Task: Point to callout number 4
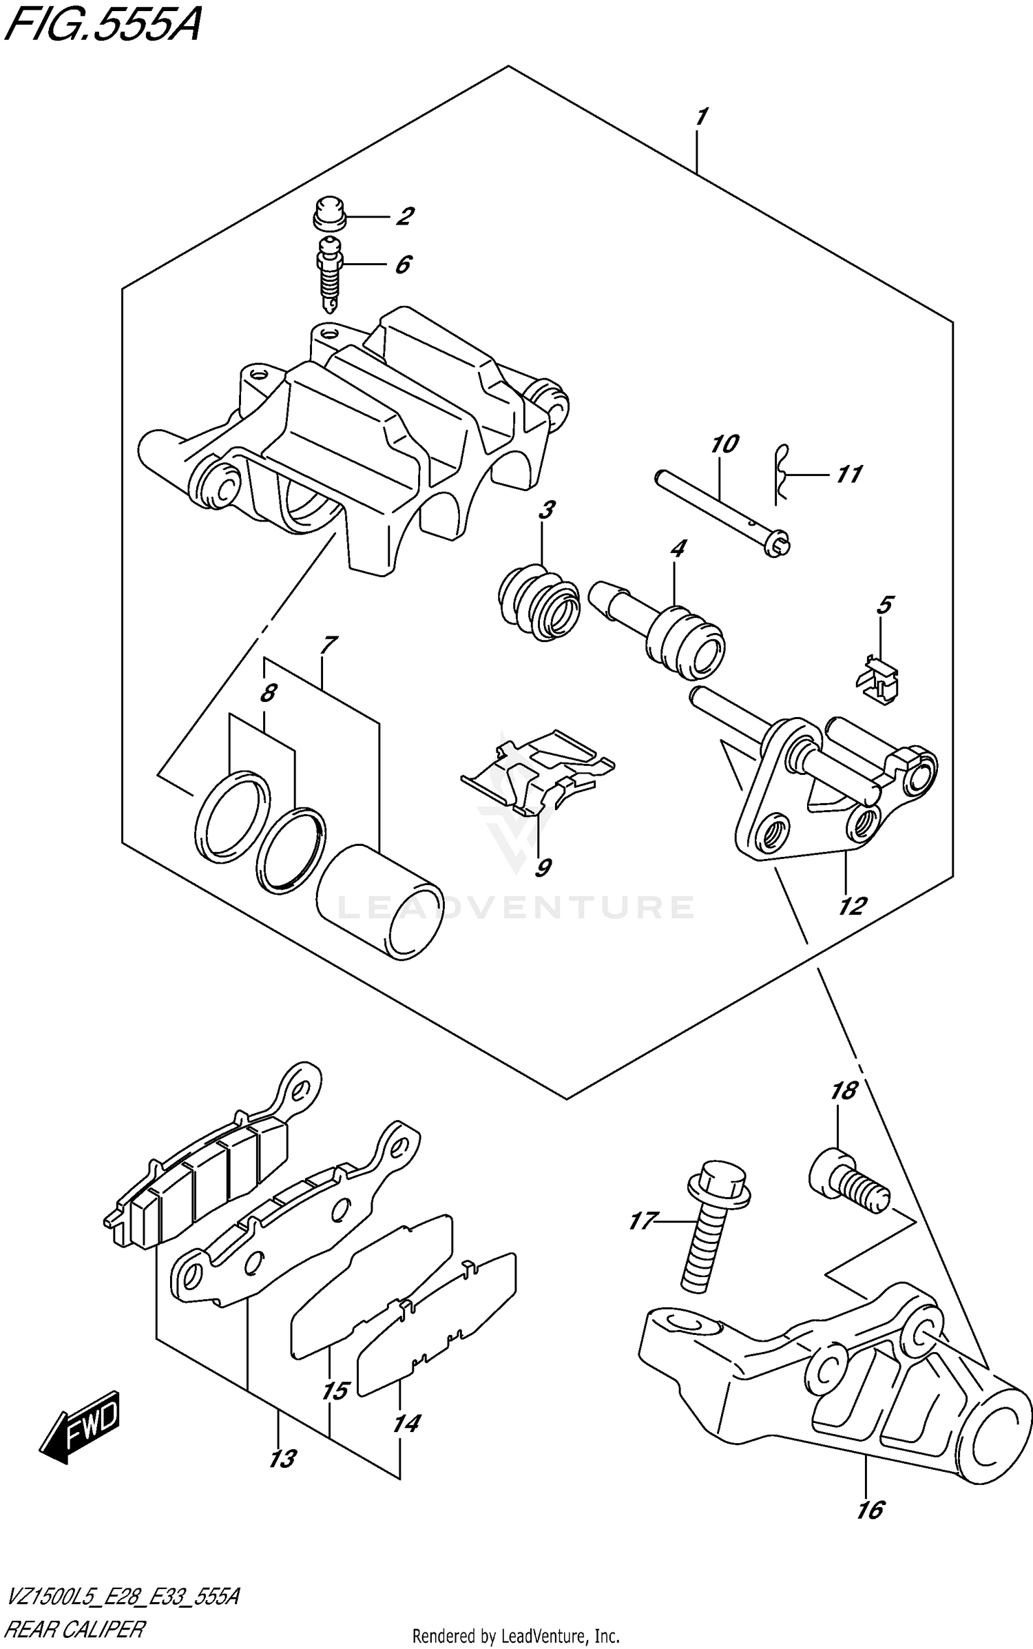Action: point(678,550)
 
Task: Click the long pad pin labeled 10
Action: point(723,510)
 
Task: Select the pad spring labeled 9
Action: point(537,771)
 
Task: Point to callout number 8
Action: point(268,693)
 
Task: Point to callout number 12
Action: point(851,906)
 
